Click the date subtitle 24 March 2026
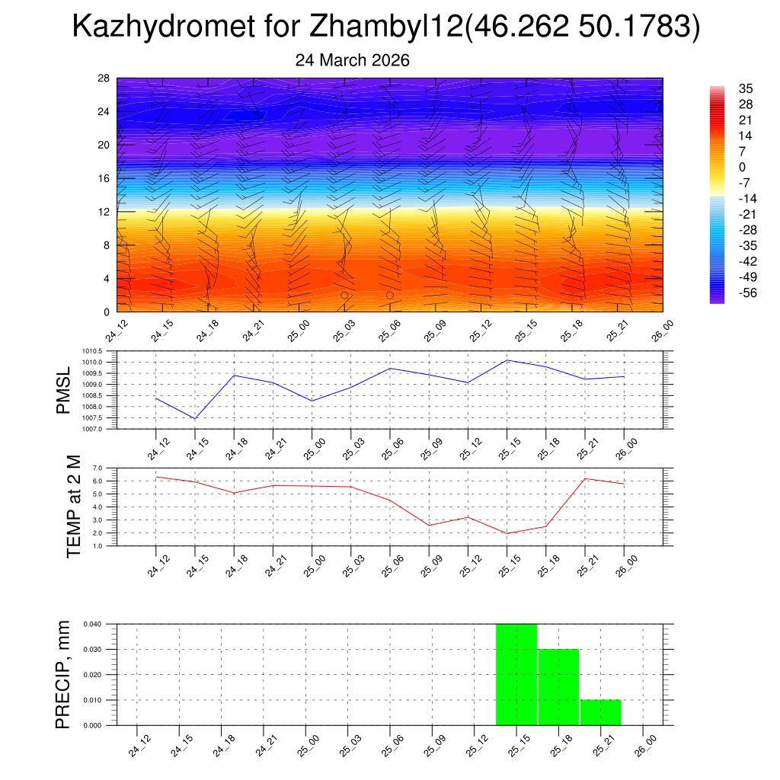353,60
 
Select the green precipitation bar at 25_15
516,674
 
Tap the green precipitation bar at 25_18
558,686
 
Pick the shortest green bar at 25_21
600,712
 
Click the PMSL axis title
63,390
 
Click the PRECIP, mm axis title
63,675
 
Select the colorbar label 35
746,88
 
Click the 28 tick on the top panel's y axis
104,78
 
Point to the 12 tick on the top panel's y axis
104,212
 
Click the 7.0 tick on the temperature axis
97,468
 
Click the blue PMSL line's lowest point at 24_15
195,419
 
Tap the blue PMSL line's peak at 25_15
507,360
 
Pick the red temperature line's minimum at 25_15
507,533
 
